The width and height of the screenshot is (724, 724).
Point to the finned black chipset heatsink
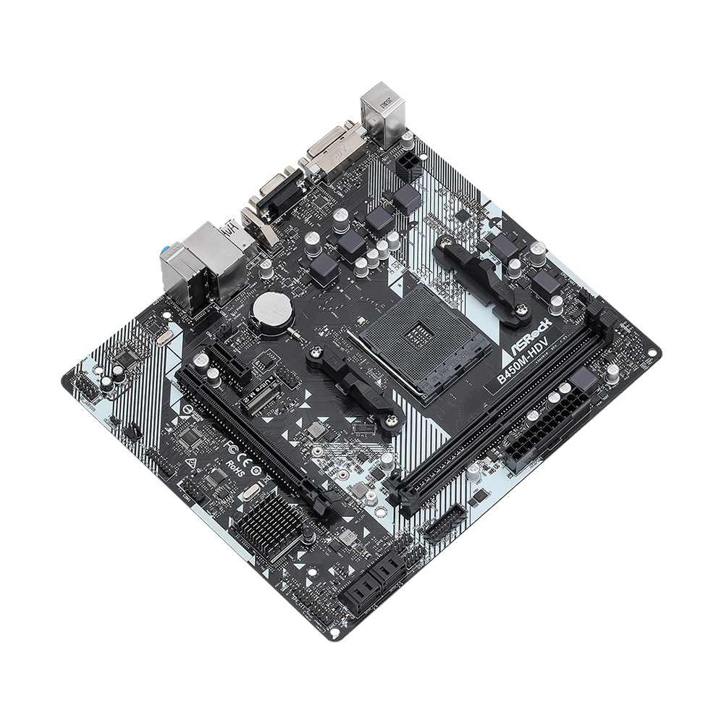(270, 523)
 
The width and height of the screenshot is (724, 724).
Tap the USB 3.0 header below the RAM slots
(446, 522)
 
